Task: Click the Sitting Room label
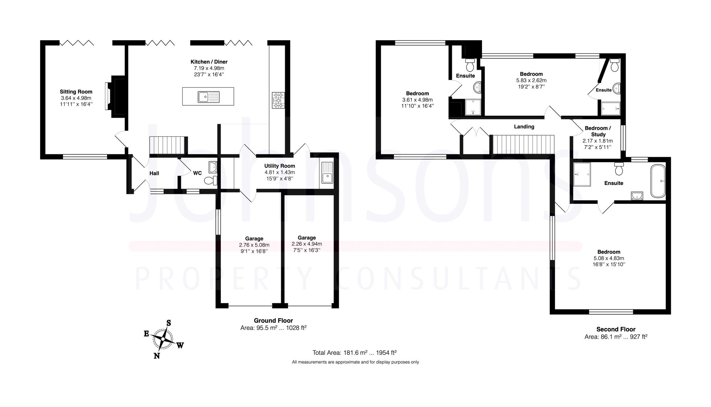coord(76,92)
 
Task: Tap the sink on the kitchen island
coord(204,96)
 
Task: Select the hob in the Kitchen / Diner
coord(278,100)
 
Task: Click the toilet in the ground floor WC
coord(211,181)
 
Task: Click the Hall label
coord(154,173)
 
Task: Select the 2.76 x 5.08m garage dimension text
coord(254,245)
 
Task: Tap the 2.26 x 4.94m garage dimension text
coord(306,244)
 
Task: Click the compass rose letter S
coord(169,323)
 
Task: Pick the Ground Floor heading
coord(273,321)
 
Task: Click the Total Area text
coord(354,353)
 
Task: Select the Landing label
coord(524,127)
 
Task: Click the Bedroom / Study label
coord(598,131)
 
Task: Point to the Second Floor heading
coord(616,329)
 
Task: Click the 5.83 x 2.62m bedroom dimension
coord(531,80)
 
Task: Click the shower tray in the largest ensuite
coord(582,174)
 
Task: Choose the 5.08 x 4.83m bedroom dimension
coord(609,258)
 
